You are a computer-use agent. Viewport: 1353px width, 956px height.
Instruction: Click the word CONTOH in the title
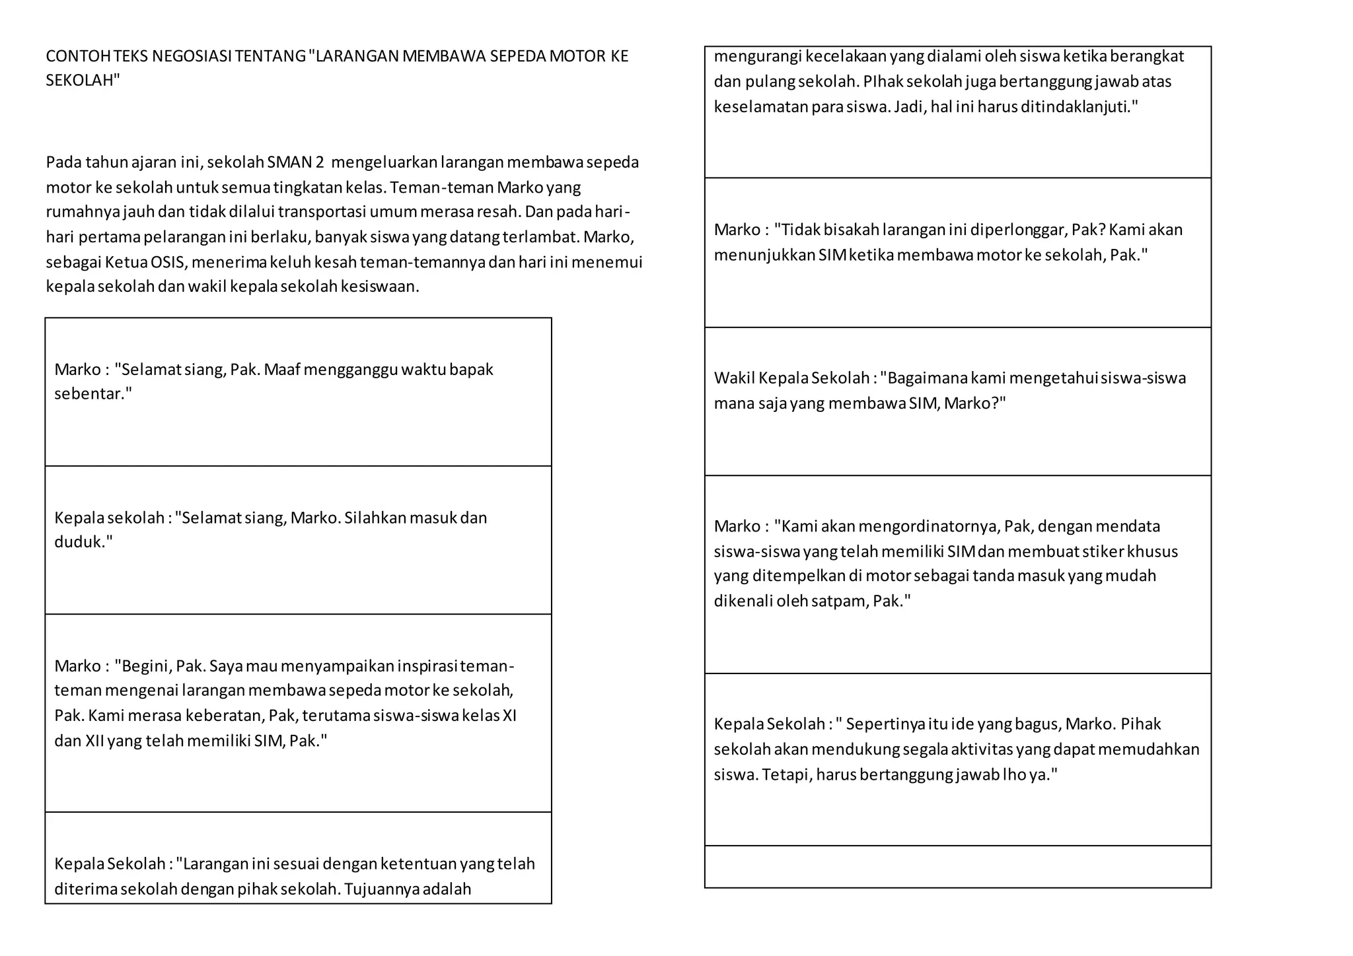[78, 56]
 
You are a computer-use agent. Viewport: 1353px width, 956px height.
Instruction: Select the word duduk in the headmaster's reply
[82, 542]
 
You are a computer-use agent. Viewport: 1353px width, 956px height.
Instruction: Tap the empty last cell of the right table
[957, 867]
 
